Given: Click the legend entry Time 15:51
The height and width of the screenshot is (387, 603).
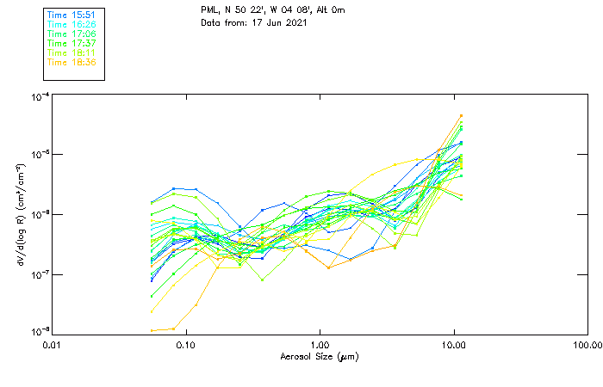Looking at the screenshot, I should coord(71,15).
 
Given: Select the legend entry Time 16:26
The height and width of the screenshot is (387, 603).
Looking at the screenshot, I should coord(71,25).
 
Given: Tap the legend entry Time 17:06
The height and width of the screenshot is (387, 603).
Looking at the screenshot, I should coord(71,34).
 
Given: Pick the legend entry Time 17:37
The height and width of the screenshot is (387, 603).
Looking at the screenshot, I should coord(71,43).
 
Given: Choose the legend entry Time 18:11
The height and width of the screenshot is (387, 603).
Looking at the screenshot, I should coord(71,52).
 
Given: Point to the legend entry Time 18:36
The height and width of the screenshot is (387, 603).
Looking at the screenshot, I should coord(71,62).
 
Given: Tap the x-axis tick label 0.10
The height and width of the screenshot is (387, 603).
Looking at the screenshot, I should coord(185,345).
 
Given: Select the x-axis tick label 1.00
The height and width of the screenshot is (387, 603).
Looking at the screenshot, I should coord(320,345).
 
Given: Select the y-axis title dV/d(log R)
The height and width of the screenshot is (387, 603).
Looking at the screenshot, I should coord(21,214).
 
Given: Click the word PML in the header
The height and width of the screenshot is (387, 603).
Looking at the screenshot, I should coord(209,10).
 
